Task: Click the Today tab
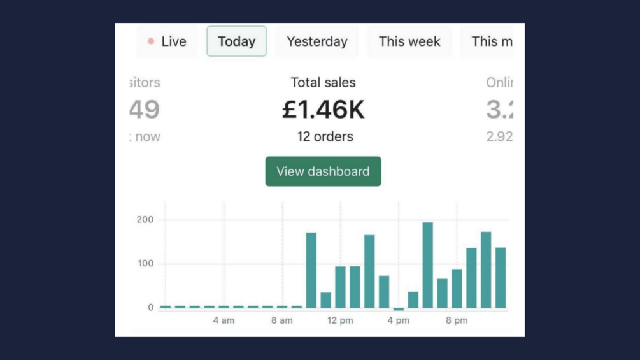(236, 41)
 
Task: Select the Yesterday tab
(317, 41)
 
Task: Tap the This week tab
(409, 41)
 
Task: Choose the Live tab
(167, 41)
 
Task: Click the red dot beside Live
(151, 41)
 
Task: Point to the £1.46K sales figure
(324, 110)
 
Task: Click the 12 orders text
(325, 136)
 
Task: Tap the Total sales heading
(324, 82)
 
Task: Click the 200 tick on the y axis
(145, 220)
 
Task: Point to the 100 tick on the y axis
(145, 264)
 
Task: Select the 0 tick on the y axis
(151, 307)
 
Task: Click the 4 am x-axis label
(224, 320)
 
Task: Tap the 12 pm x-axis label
(340, 320)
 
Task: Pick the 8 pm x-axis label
(457, 320)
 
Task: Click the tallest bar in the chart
(427, 265)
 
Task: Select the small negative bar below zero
(399, 309)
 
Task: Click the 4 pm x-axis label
(399, 320)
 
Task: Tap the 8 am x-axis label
(282, 320)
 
